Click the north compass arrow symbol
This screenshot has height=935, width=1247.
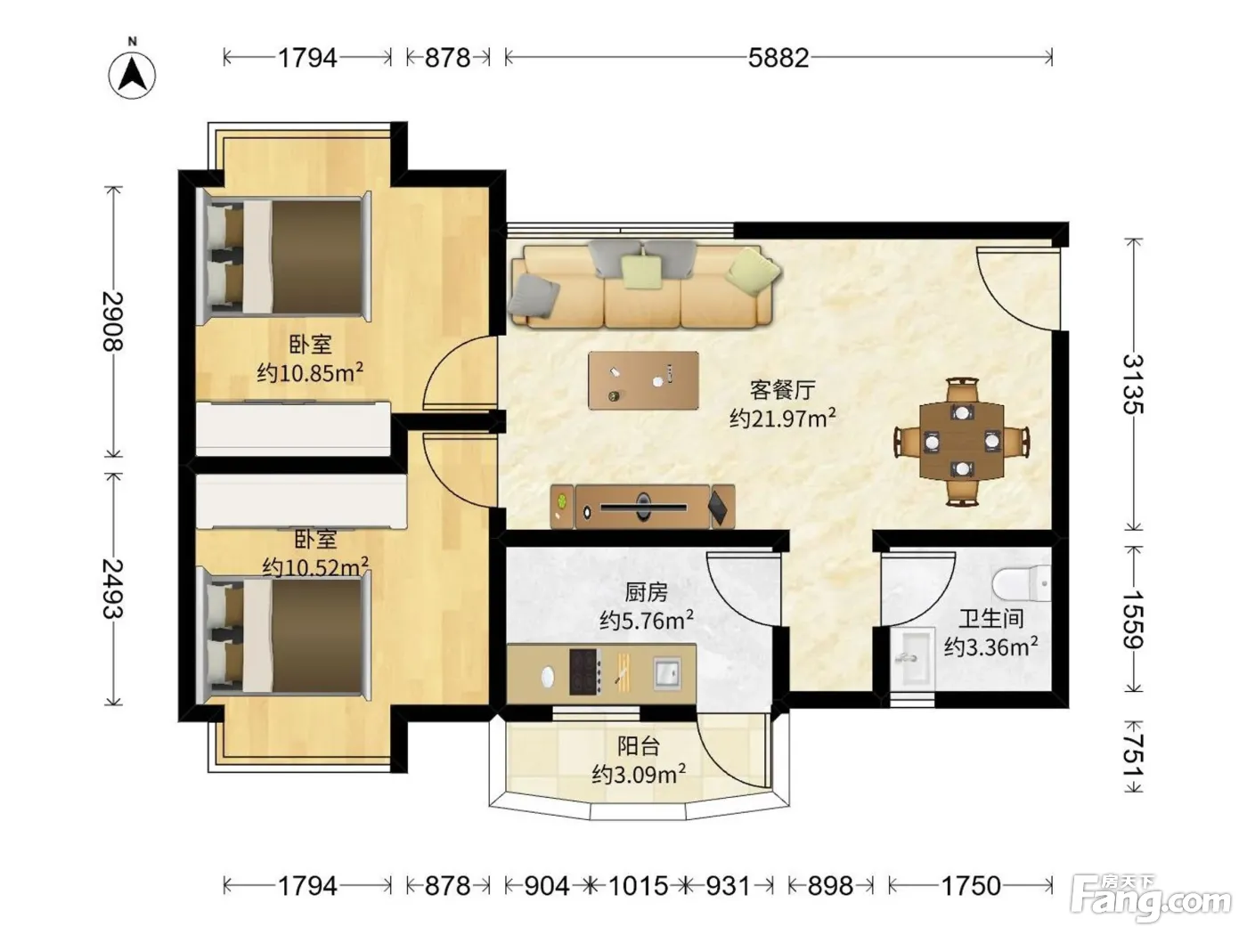pyautogui.click(x=132, y=75)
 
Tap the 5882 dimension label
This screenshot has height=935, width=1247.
pyautogui.click(x=778, y=58)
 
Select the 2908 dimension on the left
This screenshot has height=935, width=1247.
pyautogui.click(x=113, y=321)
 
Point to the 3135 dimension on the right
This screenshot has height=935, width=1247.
pyautogui.click(x=1133, y=384)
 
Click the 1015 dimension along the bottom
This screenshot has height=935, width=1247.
pyautogui.click(x=638, y=886)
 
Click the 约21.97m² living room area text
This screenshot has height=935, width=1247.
pyautogui.click(x=782, y=419)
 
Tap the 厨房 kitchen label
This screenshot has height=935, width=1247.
pyautogui.click(x=646, y=593)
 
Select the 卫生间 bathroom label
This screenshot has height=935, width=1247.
pyautogui.click(x=991, y=618)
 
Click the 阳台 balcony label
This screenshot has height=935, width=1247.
pyautogui.click(x=639, y=746)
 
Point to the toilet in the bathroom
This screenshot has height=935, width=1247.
pyautogui.click(x=1022, y=583)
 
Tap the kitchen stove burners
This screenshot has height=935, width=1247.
pyautogui.click(x=584, y=671)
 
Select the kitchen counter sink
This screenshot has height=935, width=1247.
pyautogui.click(x=667, y=673)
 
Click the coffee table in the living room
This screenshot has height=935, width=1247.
pyautogui.click(x=643, y=380)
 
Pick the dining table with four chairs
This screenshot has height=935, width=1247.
pyautogui.click(x=962, y=441)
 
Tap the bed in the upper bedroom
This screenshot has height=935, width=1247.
pyautogui.click(x=284, y=255)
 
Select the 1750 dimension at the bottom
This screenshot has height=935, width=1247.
pyautogui.click(x=971, y=886)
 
